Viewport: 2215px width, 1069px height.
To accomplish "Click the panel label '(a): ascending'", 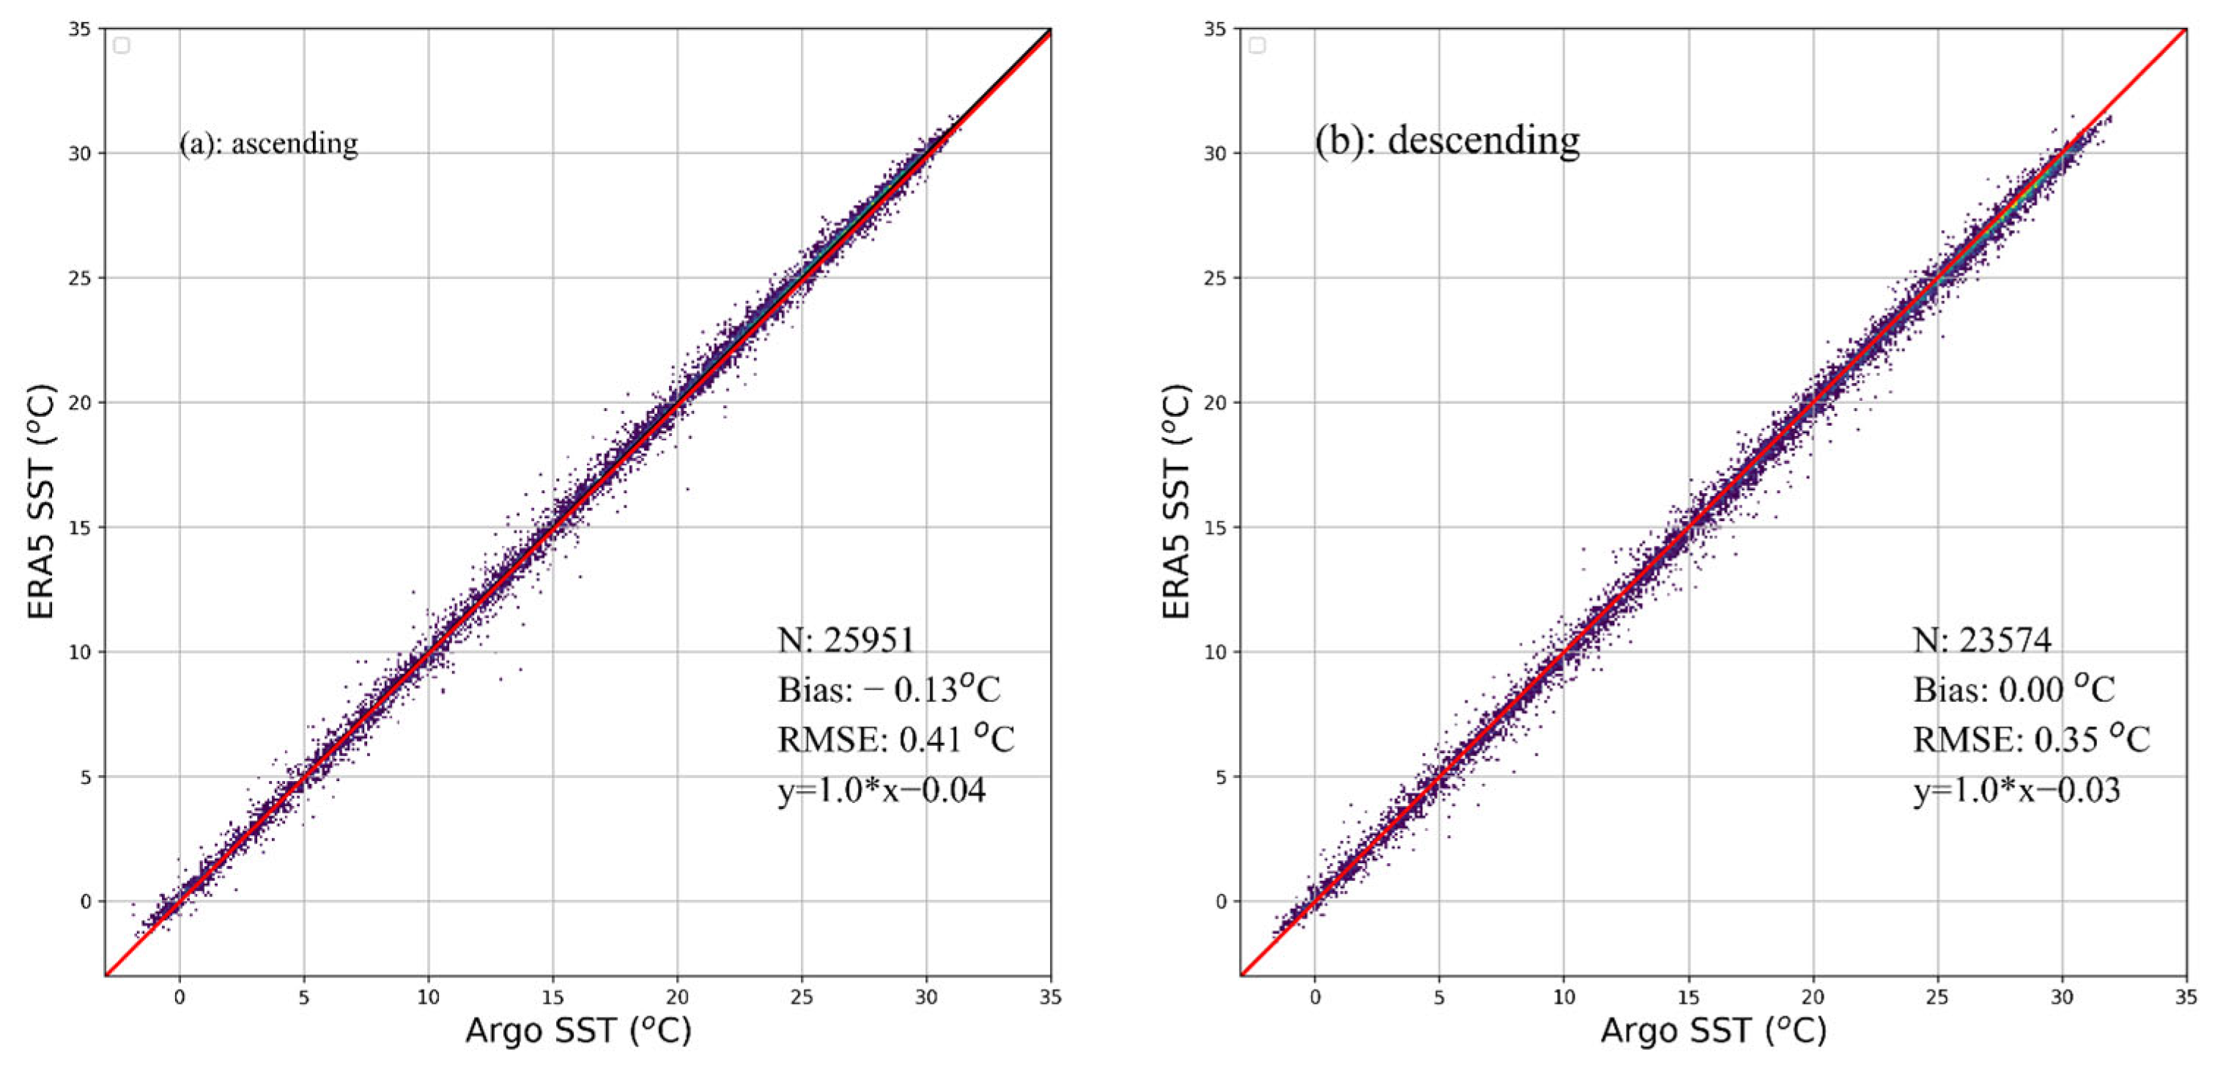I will [268, 143].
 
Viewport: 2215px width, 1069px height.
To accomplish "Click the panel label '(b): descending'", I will [1447, 140].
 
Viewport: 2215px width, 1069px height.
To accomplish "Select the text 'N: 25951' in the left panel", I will [846, 640].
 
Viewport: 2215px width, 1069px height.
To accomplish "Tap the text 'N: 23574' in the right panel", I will [1982, 640].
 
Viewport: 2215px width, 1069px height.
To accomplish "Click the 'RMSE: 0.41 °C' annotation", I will [895, 739].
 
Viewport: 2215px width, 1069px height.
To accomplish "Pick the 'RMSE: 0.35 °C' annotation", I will [2030, 739].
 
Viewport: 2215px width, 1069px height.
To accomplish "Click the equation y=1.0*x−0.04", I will [881, 790].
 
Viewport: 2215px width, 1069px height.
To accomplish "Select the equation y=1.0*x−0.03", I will [2016, 790].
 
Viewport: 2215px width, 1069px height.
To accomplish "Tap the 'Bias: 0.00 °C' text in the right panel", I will [2013, 689].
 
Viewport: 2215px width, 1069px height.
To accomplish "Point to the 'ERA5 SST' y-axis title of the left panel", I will [41, 501].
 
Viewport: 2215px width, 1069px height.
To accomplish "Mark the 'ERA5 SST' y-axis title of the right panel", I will [1176, 501].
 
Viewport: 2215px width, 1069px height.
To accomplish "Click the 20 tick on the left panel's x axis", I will [677, 998].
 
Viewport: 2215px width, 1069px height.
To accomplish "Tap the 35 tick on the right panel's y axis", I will [1214, 29].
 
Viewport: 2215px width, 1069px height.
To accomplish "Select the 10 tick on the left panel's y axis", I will [79, 652].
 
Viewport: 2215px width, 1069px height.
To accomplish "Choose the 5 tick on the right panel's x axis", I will [1438, 998].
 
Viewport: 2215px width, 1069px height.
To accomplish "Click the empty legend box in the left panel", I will [121, 45].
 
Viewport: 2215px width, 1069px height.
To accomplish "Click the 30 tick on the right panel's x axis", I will [2061, 998].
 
